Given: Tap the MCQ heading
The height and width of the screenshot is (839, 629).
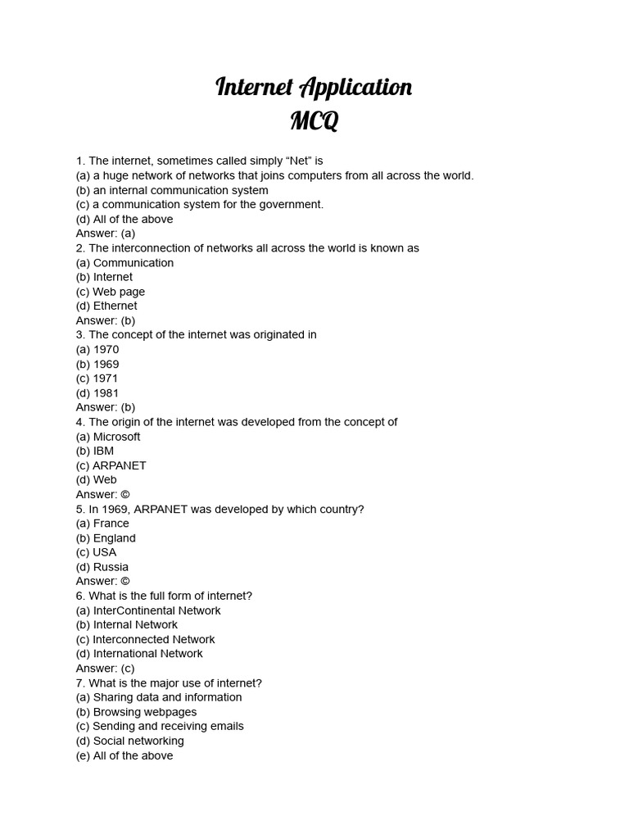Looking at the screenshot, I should [314, 121].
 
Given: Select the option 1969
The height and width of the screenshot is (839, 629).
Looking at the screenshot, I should [106, 364].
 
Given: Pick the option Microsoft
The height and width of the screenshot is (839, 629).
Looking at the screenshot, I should [116, 437].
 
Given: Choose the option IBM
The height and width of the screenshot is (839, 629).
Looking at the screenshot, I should [103, 451].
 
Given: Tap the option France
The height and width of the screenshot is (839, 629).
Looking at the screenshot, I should [111, 524].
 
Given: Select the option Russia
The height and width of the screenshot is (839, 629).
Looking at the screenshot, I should [111, 567].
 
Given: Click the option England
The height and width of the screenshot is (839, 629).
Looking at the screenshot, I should [114, 538].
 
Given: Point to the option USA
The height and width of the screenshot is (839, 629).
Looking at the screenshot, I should [104, 552].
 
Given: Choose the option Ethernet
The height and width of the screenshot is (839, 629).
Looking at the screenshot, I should [115, 306].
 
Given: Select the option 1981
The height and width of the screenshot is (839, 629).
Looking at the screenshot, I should [106, 393].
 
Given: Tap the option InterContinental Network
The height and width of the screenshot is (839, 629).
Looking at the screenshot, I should [156, 610].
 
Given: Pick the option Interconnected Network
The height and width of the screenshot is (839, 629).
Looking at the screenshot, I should [153, 639].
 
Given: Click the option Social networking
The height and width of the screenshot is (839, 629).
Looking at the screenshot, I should [138, 741].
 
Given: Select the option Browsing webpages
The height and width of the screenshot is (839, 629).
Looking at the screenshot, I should [144, 712].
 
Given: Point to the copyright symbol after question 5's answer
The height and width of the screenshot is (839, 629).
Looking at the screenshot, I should [124, 582].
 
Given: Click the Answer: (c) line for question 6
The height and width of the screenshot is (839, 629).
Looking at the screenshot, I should [105, 669].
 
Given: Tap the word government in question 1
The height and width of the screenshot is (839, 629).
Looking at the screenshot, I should [290, 205].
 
